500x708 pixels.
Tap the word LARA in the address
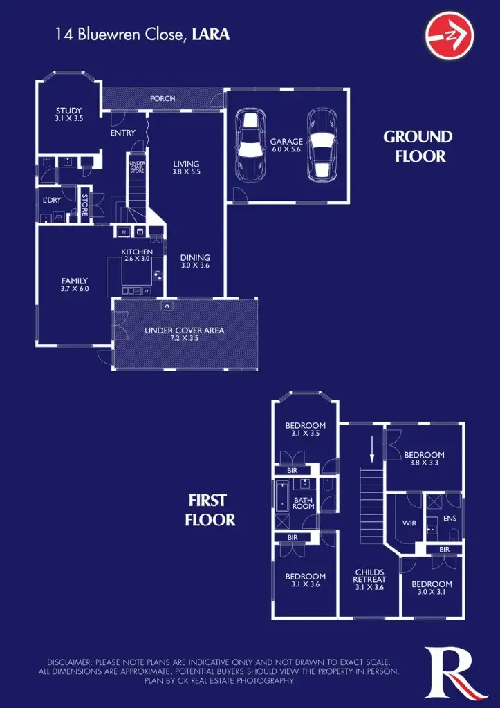[x=212, y=35]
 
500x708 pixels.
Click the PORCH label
[x=163, y=99]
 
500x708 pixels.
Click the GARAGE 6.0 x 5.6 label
[x=286, y=145]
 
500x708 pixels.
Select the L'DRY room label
[x=52, y=200]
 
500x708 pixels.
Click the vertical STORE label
[x=85, y=204]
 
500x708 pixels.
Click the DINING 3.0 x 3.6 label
[x=195, y=261]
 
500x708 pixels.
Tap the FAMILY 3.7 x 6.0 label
[x=74, y=285]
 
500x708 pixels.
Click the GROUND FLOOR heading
[x=418, y=147]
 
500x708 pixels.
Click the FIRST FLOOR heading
[x=210, y=510]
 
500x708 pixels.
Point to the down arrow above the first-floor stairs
[x=371, y=449]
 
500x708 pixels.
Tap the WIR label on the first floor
[x=409, y=523]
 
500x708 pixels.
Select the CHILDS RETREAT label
[x=369, y=579]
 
